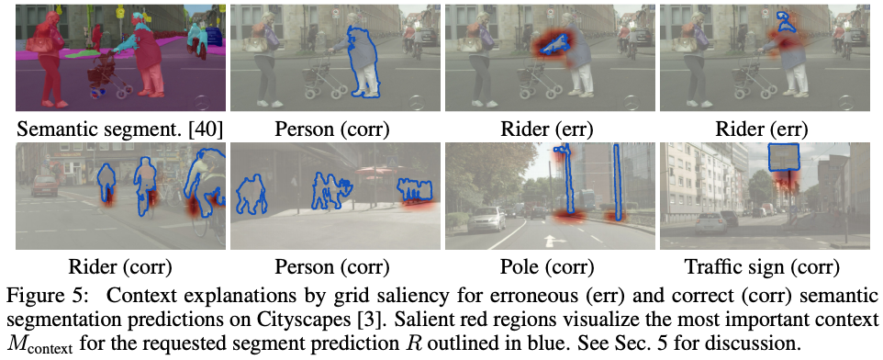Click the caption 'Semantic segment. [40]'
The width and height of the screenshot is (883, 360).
click(x=120, y=129)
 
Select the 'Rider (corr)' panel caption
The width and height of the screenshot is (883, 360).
click(x=120, y=266)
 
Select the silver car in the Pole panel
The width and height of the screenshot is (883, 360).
click(x=486, y=218)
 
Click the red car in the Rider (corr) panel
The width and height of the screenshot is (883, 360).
click(x=44, y=186)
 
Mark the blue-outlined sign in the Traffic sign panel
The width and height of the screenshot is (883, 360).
click(x=783, y=157)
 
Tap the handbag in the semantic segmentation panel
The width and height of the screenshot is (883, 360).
click(x=40, y=43)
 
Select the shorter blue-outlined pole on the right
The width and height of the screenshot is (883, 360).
click(x=618, y=182)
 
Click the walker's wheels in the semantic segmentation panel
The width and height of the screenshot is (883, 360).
click(x=111, y=91)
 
